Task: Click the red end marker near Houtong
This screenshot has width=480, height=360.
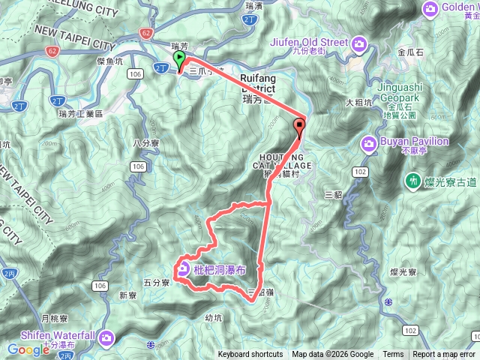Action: [301, 126]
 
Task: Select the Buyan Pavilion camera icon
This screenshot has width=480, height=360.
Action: [368, 142]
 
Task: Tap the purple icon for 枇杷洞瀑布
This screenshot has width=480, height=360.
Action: [184, 268]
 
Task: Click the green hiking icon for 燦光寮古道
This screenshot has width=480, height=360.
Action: [412, 180]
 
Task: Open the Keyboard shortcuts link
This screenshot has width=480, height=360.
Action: [250, 355]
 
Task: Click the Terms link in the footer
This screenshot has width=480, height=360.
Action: [393, 355]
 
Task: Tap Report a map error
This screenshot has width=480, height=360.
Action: [444, 355]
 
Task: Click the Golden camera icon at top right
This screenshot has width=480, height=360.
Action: [430, 8]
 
